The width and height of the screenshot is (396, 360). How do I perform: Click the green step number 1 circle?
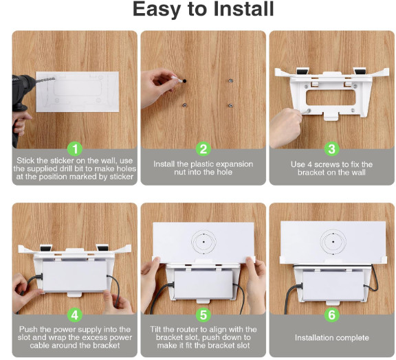point(75,149)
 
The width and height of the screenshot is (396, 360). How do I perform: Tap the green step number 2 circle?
point(203,149)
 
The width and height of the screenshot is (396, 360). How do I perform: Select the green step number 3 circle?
point(332,149)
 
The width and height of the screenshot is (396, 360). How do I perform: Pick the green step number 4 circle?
point(75,315)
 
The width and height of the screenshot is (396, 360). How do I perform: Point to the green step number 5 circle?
point(203,315)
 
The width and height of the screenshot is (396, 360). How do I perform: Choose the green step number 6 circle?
point(332,315)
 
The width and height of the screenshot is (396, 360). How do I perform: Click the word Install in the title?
point(243,9)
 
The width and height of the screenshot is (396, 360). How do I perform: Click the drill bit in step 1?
point(45,80)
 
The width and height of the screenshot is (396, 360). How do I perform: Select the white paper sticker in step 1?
point(77,91)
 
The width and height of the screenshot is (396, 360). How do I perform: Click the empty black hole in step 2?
point(184,81)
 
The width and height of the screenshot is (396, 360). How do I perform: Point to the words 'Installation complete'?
point(332,337)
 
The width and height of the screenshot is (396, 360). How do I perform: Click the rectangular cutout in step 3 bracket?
point(331,98)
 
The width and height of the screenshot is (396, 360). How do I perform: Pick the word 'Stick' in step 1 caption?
point(25,161)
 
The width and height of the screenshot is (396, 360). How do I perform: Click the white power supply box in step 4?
point(75,276)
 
